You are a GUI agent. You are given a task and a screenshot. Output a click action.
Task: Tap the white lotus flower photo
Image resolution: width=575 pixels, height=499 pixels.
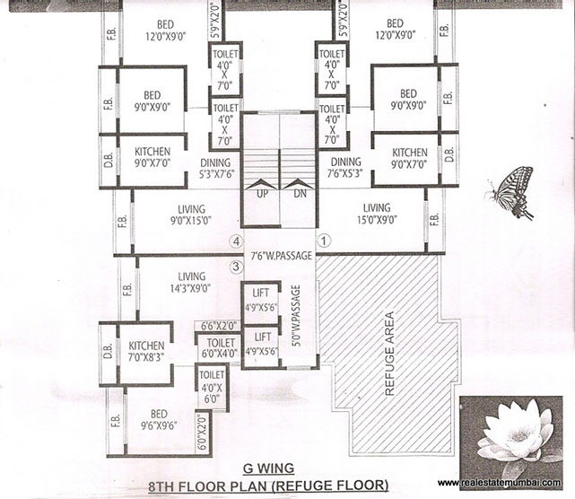coord(516,434)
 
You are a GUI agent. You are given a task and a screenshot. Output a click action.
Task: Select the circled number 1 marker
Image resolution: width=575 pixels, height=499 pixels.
coord(326,241)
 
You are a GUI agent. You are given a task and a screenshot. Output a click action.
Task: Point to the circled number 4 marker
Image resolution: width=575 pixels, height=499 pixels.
coord(236,241)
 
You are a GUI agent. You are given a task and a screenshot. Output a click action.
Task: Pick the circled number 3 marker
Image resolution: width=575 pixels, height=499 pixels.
coord(236,266)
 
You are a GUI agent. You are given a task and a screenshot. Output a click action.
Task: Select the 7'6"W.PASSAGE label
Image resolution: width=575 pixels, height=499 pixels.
coord(281,256)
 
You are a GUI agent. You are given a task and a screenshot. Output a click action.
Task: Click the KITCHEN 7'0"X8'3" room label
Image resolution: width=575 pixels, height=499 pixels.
coord(146,350)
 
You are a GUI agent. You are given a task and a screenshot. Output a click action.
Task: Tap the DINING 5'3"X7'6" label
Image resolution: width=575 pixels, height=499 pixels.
coord(216,169)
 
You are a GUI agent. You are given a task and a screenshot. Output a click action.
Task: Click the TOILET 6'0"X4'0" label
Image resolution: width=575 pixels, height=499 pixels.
coord(220,348)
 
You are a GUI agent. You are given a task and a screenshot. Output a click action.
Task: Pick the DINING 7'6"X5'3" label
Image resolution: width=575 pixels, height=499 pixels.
coord(344,169)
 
